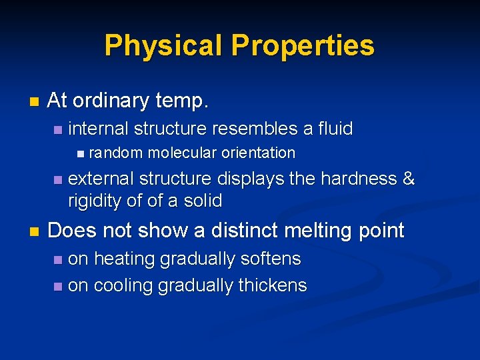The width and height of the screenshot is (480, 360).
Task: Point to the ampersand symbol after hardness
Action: click(409, 179)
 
